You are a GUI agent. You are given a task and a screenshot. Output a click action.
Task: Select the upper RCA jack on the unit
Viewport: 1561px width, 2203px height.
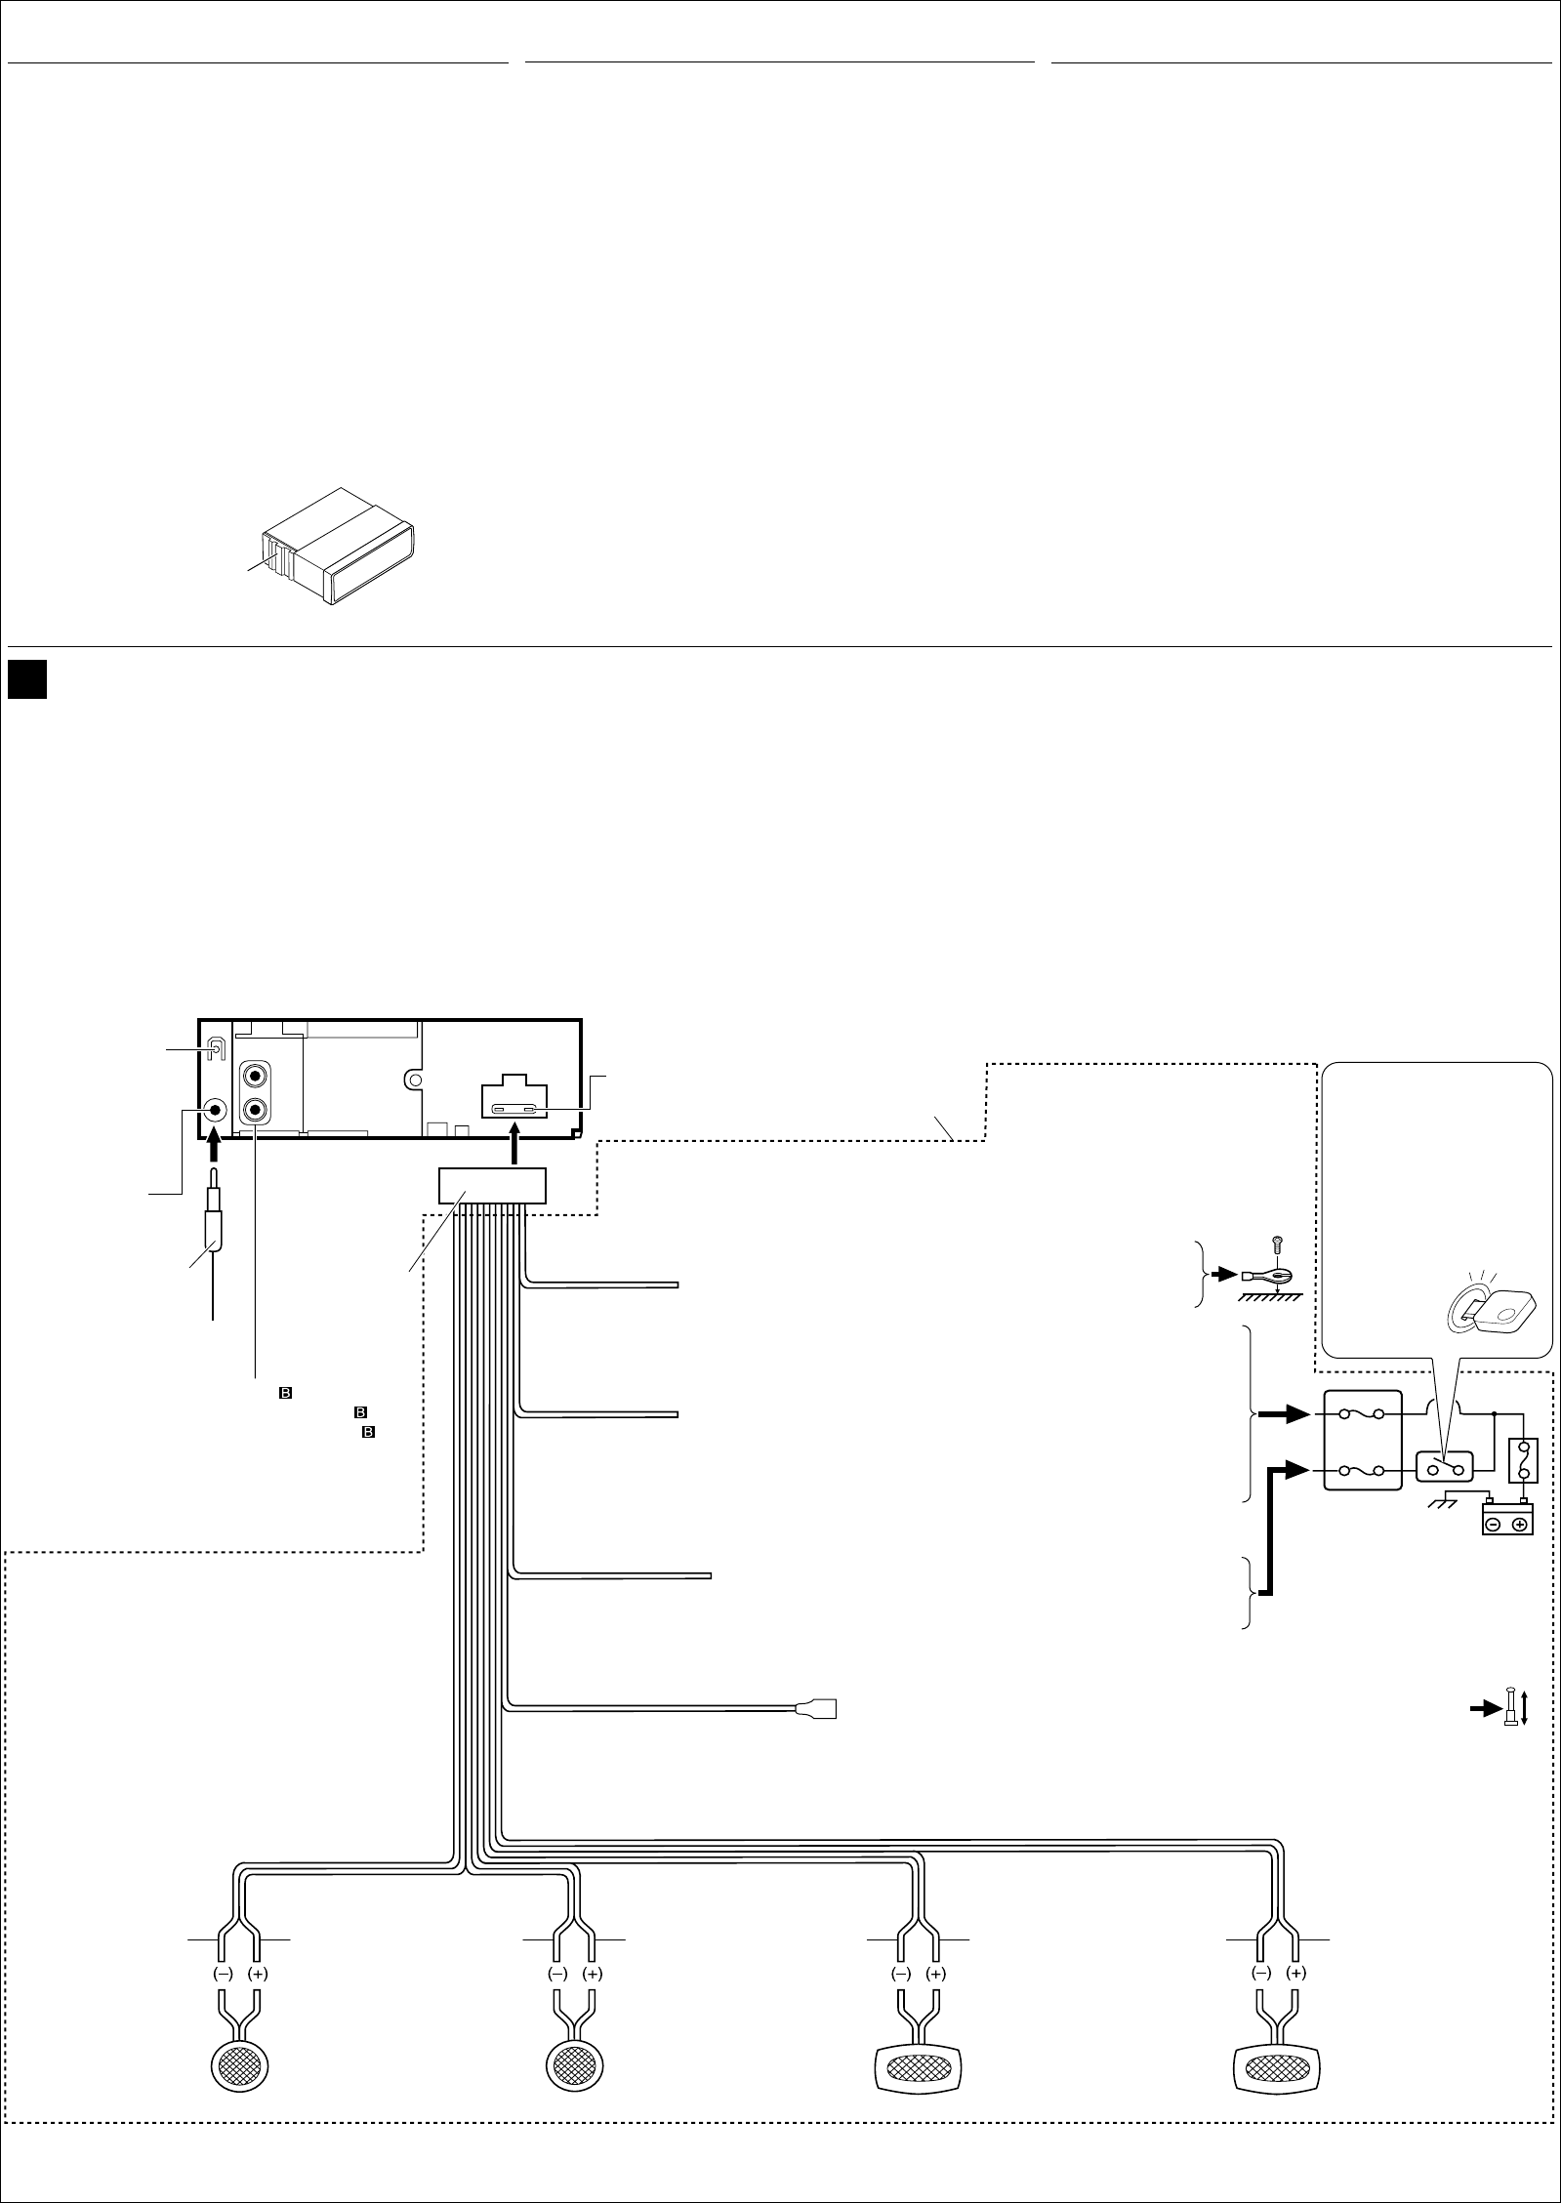(256, 1077)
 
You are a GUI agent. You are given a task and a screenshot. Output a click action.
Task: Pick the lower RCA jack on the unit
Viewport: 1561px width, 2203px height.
(256, 1110)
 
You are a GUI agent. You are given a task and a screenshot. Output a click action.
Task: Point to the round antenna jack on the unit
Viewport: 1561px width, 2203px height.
(215, 1110)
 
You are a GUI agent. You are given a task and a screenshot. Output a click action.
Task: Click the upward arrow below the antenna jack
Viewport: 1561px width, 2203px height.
(216, 1149)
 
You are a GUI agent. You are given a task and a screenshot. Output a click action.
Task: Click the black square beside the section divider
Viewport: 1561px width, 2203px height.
(28, 679)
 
